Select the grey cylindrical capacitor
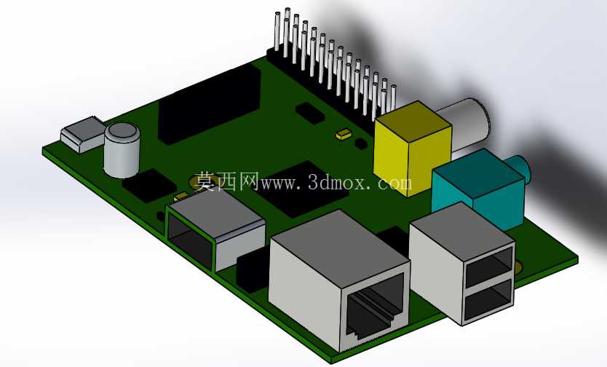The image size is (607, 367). point(122,150)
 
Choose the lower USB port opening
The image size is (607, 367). point(489,300)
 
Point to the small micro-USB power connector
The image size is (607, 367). point(84,134)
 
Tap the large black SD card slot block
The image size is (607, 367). point(209,103)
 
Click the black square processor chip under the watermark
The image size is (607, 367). point(303,190)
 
